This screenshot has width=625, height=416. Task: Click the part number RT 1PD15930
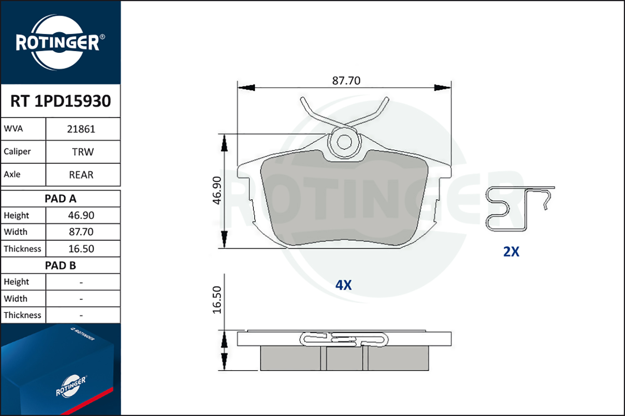tap(60, 101)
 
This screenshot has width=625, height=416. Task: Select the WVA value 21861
tap(81, 129)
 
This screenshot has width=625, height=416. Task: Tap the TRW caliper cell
tap(83, 152)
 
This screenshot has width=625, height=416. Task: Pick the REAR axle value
tap(81, 175)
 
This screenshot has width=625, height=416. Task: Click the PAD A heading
tap(60, 199)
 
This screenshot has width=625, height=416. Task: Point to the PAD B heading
tap(60, 265)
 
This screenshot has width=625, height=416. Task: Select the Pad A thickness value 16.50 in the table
tap(81, 249)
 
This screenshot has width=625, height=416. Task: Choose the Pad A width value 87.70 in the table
tap(81, 232)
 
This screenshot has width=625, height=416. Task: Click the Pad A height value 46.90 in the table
tap(81, 215)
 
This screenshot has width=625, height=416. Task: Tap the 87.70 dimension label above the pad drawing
tap(346, 81)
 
